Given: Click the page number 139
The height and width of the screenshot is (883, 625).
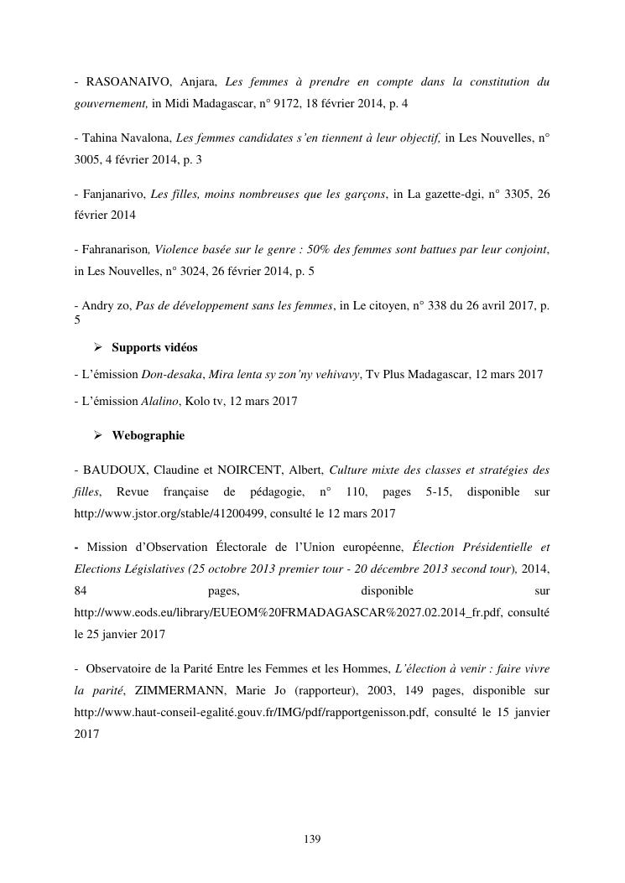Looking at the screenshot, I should coord(312,839).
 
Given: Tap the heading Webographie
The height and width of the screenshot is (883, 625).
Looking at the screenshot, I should coord(148,436).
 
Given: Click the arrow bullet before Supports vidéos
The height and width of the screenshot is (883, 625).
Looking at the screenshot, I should coord(97,347).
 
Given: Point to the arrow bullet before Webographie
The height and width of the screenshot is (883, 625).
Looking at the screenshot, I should coord(97,436).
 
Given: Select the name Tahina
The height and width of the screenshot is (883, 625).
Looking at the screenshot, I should coord(101,138).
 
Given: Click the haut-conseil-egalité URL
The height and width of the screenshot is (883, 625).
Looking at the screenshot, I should coord(252,713).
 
